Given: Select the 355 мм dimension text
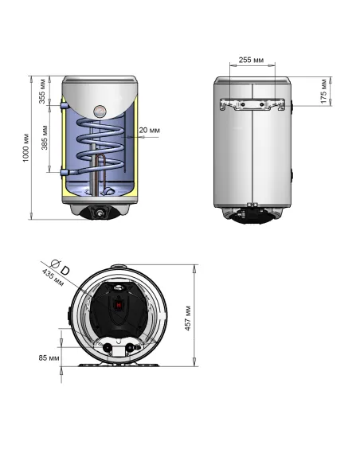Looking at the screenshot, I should click(x=42, y=94).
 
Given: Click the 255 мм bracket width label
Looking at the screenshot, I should click(x=252, y=61).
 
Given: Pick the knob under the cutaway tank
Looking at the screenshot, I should click(x=98, y=213).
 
